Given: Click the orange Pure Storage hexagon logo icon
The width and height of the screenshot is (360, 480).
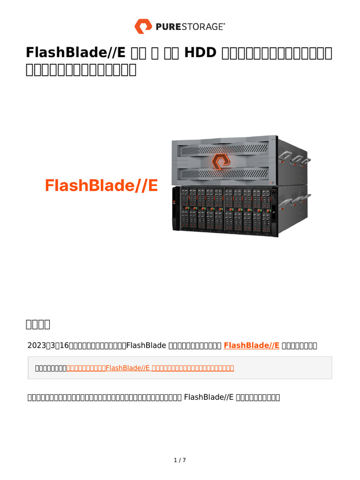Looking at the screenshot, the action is click(x=143, y=26).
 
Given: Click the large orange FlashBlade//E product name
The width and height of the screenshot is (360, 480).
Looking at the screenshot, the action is click(x=101, y=186).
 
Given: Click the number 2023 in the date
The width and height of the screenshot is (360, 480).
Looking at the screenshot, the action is click(x=36, y=345).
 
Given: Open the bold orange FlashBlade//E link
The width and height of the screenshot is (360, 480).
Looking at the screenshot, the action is click(x=252, y=345).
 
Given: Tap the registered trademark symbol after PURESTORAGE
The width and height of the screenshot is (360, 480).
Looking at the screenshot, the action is click(x=224, y=23).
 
